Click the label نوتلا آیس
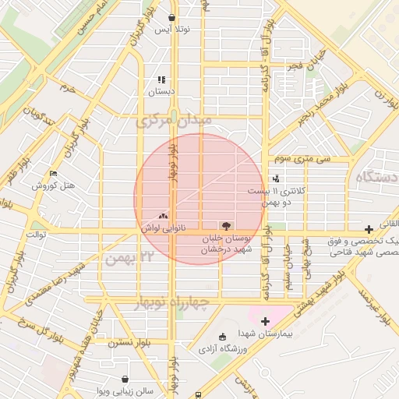pyautogui.click(x=172, y=30)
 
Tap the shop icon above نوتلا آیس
pyautogui.click(x=171, y=17)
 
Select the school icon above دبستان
pyautogui.click(x=161, y=79)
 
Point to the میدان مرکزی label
pyautogui.click(x=163, y=122)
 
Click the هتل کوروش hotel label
pyautogui.click(x=53, y=185)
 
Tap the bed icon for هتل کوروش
pyautogui.click(x=53, y=173)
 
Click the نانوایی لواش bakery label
pyautogui.click(x=163, y=228)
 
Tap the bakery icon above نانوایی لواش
pyautogui.click(x=163, y=217)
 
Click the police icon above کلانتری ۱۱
pyautogui.click(x=276, y=178)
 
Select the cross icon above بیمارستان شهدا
pyautogui.click(x=265, y=320)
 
